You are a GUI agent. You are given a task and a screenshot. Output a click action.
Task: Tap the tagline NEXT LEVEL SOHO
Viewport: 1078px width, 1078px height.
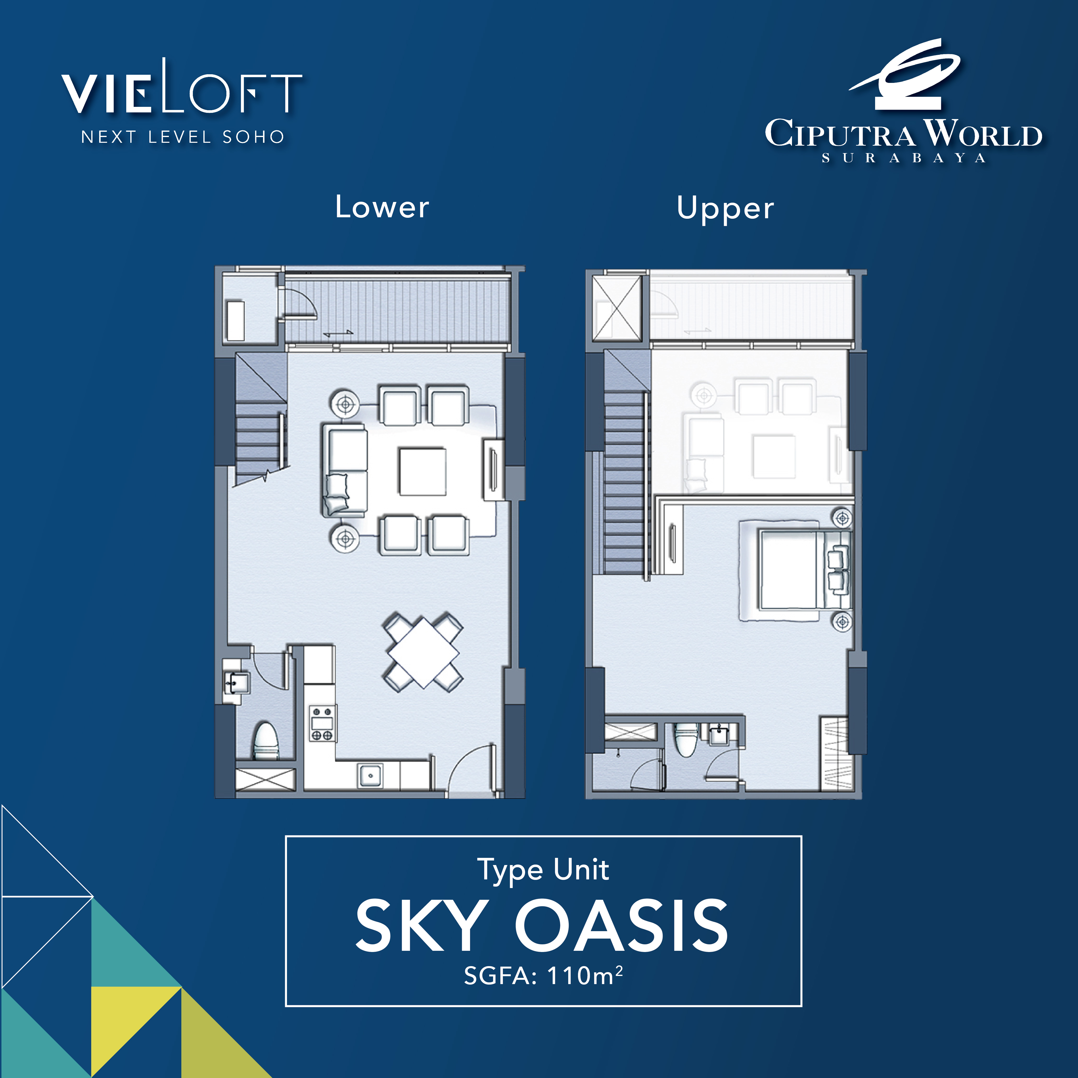[183, 137]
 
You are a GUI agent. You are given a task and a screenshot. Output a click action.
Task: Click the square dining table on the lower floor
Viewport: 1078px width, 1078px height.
[423, 652]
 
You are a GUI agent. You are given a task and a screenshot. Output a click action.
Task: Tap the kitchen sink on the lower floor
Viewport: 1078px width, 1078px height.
[370, 775]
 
